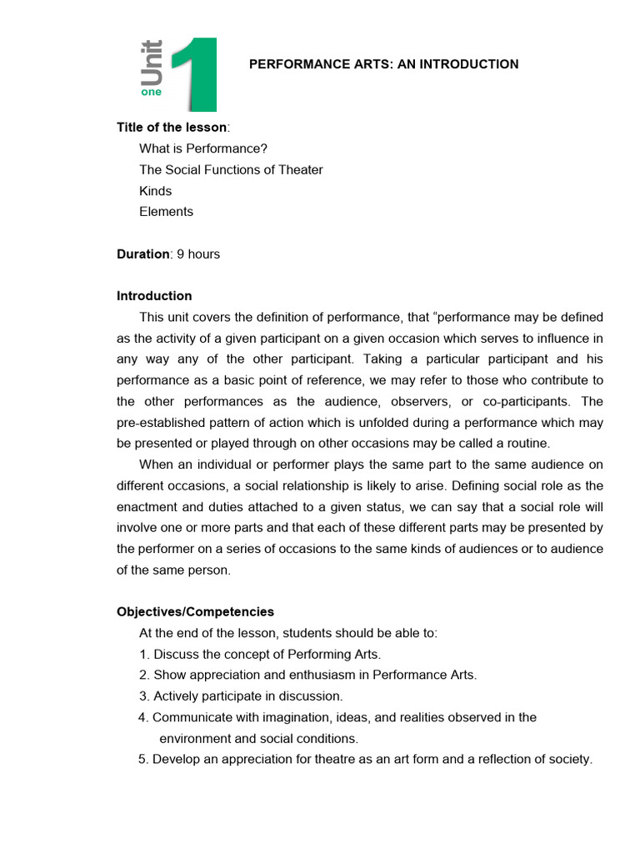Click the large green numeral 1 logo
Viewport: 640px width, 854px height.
click(197, 75)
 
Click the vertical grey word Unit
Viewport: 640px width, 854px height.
click(152, 63)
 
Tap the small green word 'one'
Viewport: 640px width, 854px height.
click(152, 93)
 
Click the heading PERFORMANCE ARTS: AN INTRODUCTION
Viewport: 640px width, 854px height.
click(384, 64)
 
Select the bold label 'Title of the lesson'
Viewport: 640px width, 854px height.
click(171, 128)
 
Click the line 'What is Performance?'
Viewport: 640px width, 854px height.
click(203, 148)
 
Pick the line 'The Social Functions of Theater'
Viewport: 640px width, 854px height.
click(231, 170)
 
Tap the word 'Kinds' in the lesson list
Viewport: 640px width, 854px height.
click(156, 191)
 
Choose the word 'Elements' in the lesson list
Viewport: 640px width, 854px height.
click(166, 212)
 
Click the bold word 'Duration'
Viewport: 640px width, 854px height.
click(142, 254)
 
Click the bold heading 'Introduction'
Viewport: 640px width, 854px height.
click(154, 296)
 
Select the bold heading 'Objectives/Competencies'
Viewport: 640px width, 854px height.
click(195, 612)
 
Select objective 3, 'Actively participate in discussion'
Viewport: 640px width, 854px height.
click(241, 696)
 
